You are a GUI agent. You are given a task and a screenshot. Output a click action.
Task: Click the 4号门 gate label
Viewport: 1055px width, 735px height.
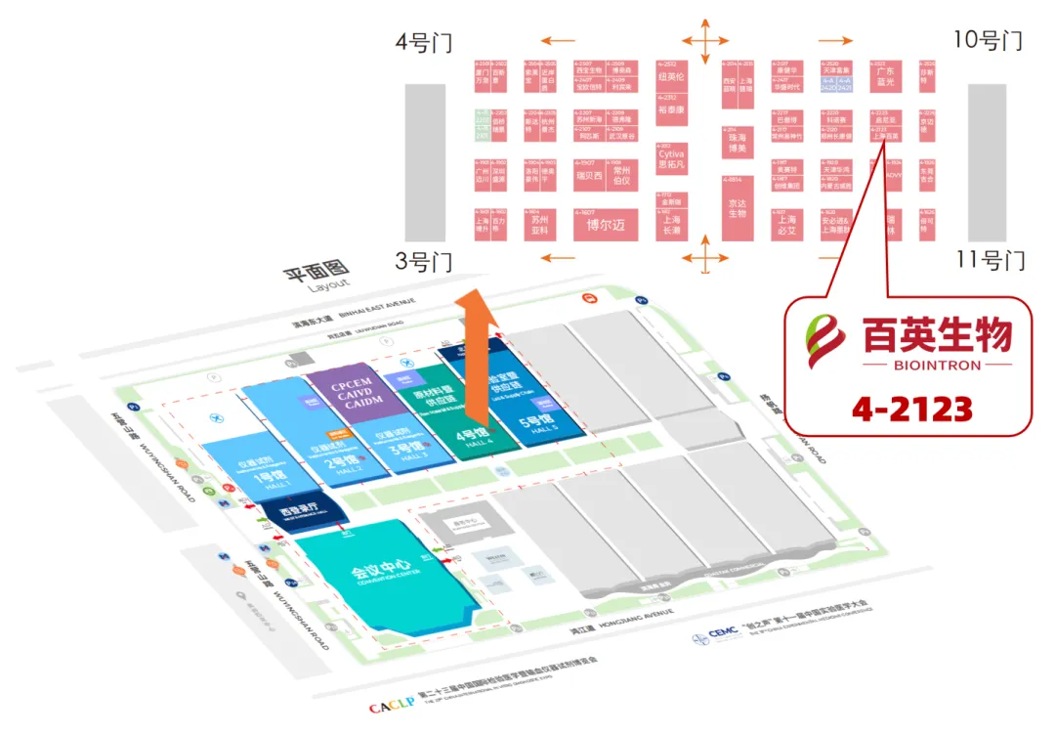tap(424, 44)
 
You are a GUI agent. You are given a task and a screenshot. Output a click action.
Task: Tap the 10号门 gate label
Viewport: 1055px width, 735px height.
tap(988, 41)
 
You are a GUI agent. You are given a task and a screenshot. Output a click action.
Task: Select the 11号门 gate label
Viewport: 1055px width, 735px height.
tap(990, 261)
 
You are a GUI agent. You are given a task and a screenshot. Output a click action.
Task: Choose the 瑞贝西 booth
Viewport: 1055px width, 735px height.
tap(591, 176)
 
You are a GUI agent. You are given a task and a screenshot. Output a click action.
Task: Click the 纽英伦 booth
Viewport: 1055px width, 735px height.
tap(672, 76)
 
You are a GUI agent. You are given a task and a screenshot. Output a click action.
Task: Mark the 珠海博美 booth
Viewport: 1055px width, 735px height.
tap(737, 143)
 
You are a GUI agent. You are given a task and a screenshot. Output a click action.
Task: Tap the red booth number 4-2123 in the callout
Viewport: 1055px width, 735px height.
tap(910, 407)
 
